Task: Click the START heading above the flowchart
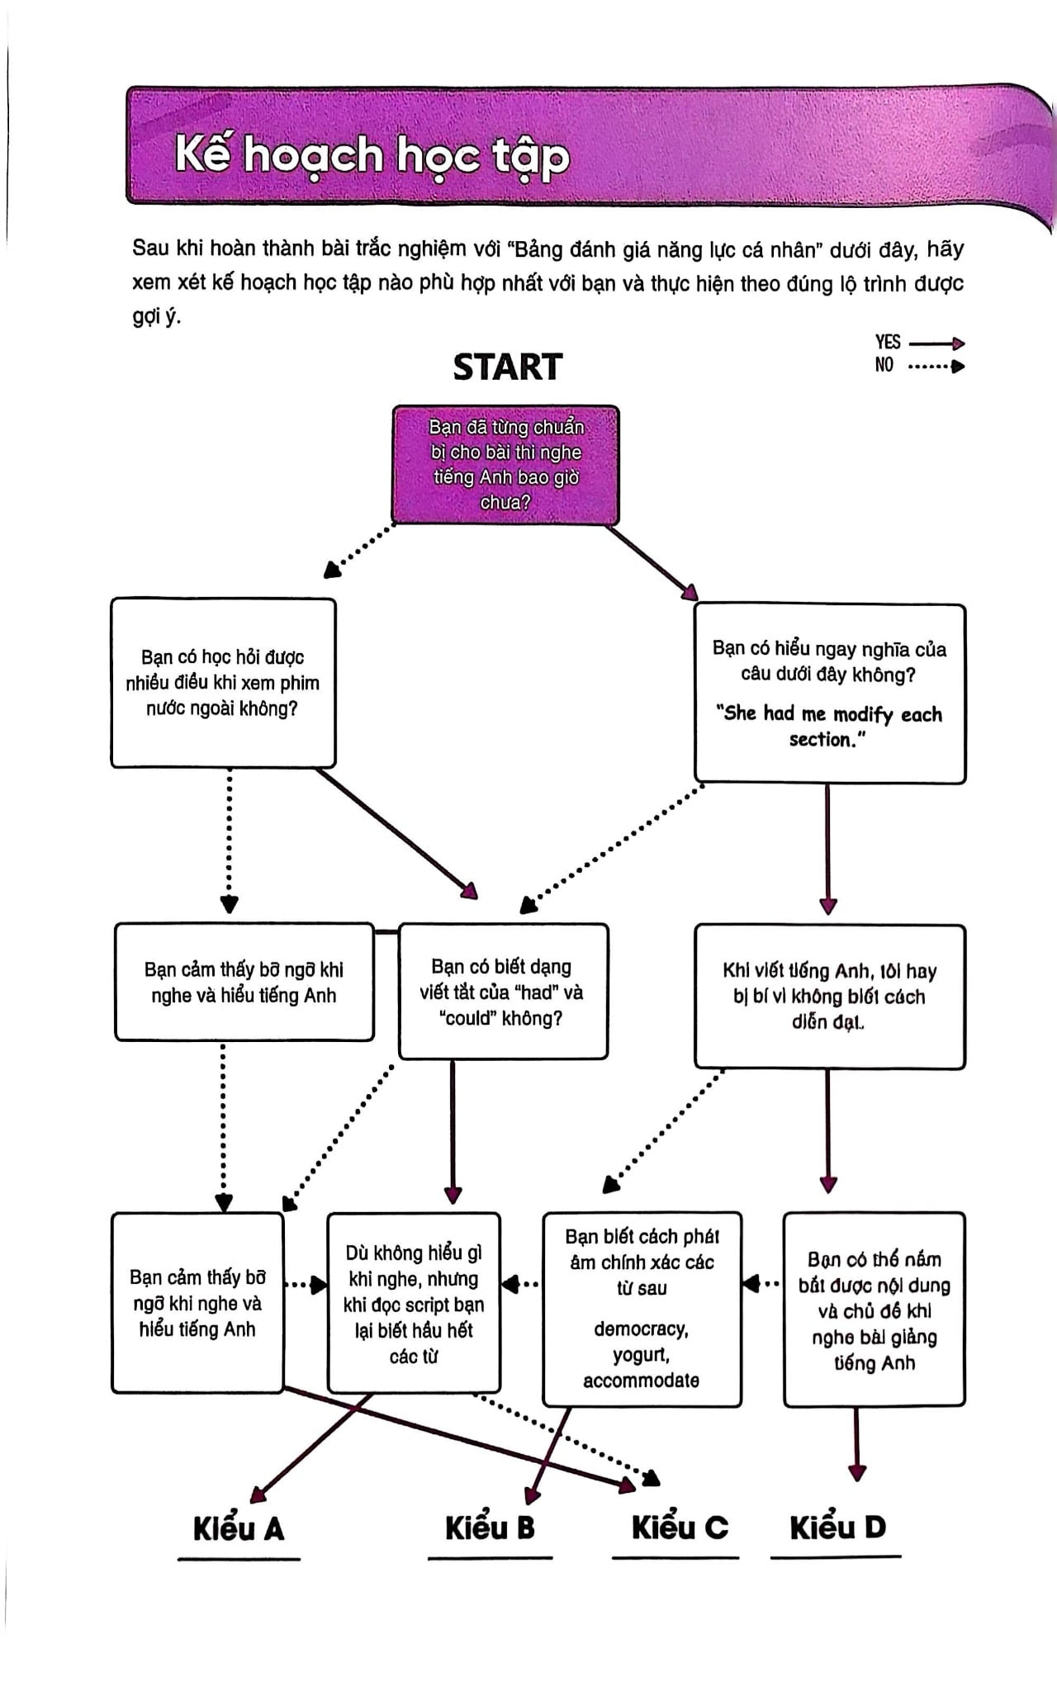pos(508,367)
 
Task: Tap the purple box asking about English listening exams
pos(505,465)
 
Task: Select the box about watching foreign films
pos(224,683)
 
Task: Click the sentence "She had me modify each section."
pos(828,726)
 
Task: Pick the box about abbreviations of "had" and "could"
pos(503,991)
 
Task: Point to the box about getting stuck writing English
pos(830,997)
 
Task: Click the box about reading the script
pos(414,1303)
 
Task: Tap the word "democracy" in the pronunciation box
pos(641,1329)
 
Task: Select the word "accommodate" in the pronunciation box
pos(641,1381)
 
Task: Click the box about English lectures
pos(875,1310)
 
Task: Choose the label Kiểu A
pos(239,1528)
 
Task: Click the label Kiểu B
pos(490,1528)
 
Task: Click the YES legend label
pos(888,342)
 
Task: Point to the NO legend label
pos(884,364)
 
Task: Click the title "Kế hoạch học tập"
pos(372,156)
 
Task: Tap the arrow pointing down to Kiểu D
pos(856,1444)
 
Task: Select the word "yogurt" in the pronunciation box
pos(641,1355)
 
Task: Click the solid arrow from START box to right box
pos(653,563)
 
